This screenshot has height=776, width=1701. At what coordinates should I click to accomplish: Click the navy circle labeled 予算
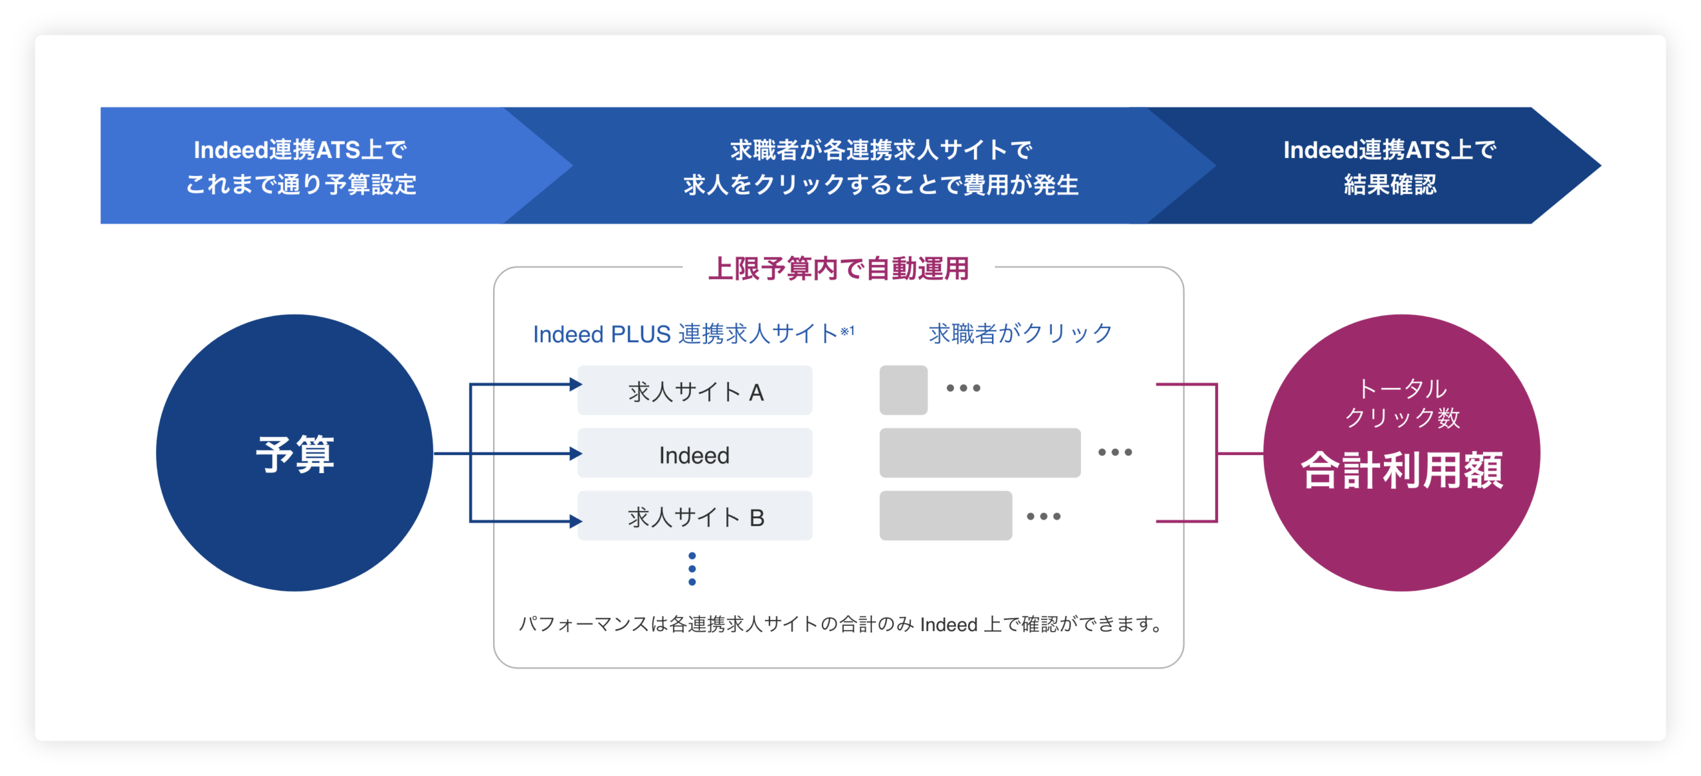[294, 453]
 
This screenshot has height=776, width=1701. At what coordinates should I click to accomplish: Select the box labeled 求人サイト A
[694, 391]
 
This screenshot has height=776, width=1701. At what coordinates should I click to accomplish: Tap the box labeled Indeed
[694, 454]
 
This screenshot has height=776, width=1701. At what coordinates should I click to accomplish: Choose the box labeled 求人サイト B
[694, 516]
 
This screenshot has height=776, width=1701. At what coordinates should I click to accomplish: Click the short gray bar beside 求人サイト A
[903, 390]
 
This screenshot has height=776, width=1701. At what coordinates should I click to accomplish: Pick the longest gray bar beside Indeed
[979, 453]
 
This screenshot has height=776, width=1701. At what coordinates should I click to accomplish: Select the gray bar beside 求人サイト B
[945, 516]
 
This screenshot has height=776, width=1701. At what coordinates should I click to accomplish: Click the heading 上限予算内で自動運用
[839, 269]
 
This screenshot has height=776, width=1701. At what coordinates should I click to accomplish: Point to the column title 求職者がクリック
[1021, 333]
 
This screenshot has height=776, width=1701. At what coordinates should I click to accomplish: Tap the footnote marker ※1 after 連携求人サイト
[847, 330]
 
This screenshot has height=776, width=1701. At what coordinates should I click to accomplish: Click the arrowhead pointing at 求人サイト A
[575, 384]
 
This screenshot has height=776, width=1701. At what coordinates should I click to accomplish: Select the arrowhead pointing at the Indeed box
[575, 454]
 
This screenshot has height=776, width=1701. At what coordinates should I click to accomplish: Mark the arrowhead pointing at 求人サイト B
[575, 522]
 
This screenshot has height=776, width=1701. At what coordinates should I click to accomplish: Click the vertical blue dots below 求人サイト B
[692, 569]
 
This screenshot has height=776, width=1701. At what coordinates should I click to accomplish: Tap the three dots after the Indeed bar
[1115, 452]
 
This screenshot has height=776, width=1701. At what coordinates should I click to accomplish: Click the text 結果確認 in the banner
[1390, 185]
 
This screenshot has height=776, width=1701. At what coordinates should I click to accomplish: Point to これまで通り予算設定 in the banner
[301, 185]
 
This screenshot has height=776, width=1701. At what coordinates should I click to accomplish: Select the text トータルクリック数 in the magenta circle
[1402, 403]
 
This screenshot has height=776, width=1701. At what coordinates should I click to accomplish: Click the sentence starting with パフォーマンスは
[840, 625]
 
